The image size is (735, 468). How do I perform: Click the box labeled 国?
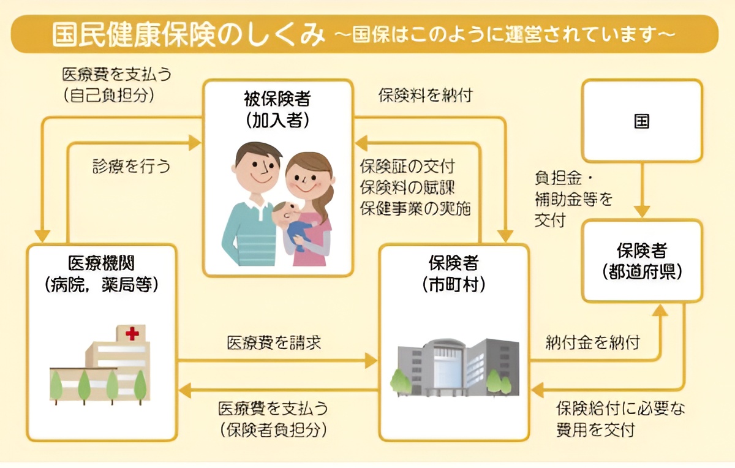pyautogui.click(x=641, y=121)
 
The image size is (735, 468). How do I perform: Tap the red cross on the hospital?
pyautogui.click(x=132, y=334)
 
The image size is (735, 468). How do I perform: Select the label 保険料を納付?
pyautogui.click(x=425, y=96)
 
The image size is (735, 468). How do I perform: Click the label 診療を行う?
pyautogui.click(x=131, y=166)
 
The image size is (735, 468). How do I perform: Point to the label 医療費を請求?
pyautogui.click(x=274, y=342)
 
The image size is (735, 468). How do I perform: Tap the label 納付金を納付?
pyautogui.click(x=592, y=342)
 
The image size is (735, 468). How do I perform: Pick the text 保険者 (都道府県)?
pyautogui.click(x=641, y=260)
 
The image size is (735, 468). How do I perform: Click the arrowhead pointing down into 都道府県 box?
pyautogui.click(x=641, y=211)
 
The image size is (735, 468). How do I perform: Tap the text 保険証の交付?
pyautogui.click(x=407, y=166)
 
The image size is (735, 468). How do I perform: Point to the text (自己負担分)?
pyautogui.click(x=108, y=96)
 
